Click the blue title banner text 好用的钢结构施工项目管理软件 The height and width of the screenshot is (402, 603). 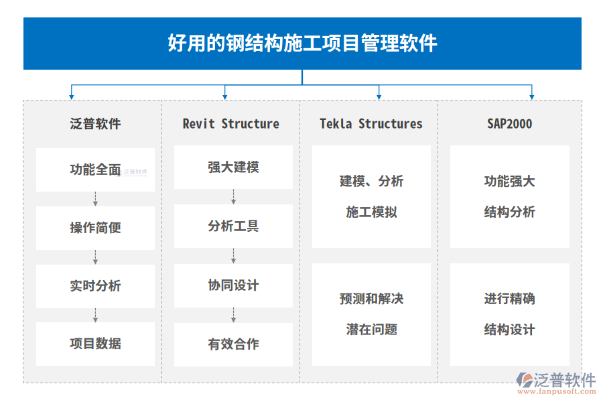(302, 43)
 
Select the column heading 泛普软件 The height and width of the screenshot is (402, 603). (95, 124)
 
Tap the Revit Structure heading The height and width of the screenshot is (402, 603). (230, 124)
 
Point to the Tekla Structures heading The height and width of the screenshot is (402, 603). (371, 124)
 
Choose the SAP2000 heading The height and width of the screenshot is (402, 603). (510, 124)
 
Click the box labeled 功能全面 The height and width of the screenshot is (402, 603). (95, 170)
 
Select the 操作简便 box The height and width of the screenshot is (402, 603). (95, 228)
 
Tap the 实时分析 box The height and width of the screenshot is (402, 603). (95, 286)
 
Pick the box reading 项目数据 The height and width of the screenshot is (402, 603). (95, 344)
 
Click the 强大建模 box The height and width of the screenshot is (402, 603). (233, 167)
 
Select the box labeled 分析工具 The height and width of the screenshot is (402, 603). (233, 226)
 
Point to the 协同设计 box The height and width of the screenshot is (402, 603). (233, 285)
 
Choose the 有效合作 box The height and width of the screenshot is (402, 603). (233, 344)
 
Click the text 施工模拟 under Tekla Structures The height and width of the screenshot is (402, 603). (371, 212)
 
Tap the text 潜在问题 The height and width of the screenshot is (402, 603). (371, 330)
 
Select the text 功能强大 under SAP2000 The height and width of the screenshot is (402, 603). (510, 181)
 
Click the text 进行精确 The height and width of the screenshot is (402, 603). (510, 299)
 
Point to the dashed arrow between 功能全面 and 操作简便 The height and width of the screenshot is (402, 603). (95, 199)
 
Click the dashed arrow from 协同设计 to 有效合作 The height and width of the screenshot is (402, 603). (233, 315)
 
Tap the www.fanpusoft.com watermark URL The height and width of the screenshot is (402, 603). (557, 391)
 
